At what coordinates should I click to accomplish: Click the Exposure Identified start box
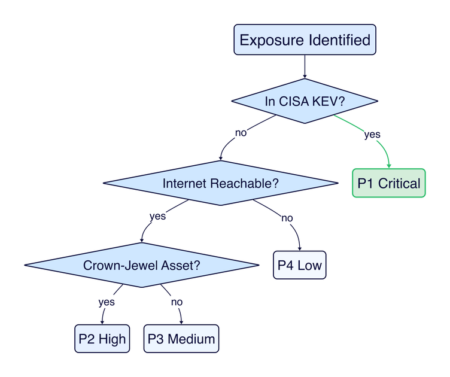click(305, 40)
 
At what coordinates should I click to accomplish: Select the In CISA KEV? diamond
click(305, 101)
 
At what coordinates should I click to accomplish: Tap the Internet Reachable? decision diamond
click(221, 183)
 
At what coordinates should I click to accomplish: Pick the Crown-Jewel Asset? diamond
click(141, 265)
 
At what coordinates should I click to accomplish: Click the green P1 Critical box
click(388, 183)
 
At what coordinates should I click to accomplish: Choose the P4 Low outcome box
click(300, 265)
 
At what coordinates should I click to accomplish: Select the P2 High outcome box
click(102, 339)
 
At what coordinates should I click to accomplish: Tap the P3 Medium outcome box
click(181, 339)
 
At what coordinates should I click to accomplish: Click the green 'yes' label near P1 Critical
click(372, 135)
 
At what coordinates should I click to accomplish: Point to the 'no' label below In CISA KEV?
click(241, 133)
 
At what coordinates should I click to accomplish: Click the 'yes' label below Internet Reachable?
click(157, 216)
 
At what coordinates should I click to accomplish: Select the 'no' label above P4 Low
click(287, 218)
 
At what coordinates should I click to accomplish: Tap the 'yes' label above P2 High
click(107, 302)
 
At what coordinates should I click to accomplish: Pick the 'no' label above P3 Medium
click(177, 302)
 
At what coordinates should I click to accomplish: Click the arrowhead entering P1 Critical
click(389, 166)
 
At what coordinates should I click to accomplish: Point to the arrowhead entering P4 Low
click(300, 248)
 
